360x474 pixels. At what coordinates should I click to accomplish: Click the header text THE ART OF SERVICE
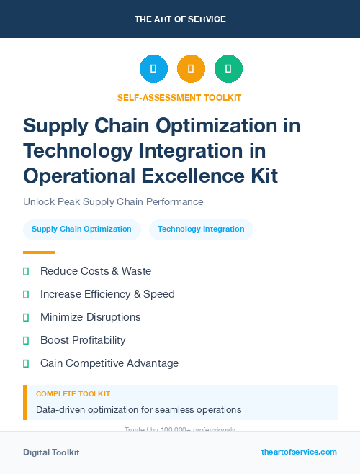point(180,19)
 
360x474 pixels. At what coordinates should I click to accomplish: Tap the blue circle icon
point(153,69)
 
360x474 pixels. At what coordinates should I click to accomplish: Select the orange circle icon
point(191,69)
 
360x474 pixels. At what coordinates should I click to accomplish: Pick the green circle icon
point(228,69)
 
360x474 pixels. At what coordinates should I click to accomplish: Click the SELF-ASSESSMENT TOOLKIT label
point(179,97)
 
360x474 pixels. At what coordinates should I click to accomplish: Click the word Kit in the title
point(262,175)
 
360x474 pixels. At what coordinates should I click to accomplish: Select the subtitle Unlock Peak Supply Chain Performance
point(113,201)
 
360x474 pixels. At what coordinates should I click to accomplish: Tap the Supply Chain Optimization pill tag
point(81,229)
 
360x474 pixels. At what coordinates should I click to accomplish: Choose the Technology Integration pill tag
point(201,229)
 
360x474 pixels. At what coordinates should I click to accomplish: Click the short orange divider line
point(39,252)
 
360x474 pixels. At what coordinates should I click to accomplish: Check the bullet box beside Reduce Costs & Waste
point(26,272)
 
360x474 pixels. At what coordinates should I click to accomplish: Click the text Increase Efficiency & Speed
point(107,294)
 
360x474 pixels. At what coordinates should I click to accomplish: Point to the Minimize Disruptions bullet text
point(90,317)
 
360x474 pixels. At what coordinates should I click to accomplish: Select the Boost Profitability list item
point(83,340)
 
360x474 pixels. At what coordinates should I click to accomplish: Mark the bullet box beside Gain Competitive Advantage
point(26,363)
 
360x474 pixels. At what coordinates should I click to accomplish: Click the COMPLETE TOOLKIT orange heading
point(73,394)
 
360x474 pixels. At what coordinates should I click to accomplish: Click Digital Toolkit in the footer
point(51,452)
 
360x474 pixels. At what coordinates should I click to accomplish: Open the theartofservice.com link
point(299,452)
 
